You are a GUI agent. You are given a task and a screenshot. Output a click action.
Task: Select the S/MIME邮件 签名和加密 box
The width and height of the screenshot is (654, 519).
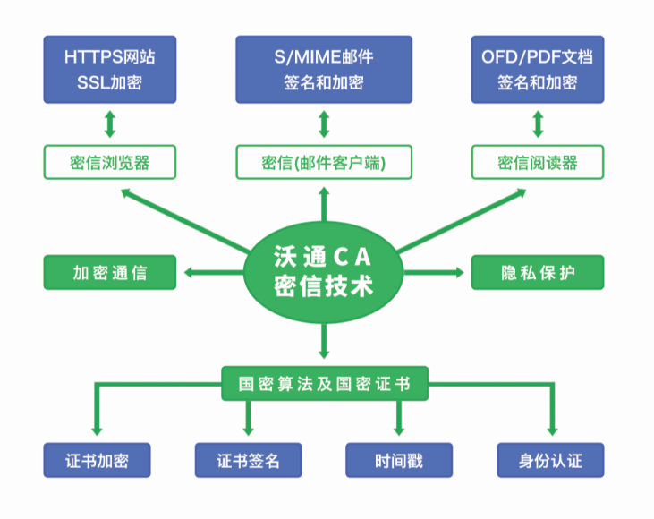[x=324, y=69]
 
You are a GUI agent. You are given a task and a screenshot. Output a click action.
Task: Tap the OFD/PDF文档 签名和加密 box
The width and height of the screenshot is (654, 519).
[x=538, y=69]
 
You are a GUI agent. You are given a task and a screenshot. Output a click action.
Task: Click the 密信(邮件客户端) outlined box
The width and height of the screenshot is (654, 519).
[x=324, y=162]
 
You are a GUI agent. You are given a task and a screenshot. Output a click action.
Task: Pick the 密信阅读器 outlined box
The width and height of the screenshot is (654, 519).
[x=538, y=162]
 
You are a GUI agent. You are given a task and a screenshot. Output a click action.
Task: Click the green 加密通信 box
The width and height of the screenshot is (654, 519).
[x=110, y=272]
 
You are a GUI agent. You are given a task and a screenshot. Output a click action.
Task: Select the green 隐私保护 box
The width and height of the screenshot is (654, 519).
[x=538, y=272]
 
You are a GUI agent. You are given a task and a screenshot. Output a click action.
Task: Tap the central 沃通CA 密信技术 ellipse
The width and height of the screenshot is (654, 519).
[x=324, y=272]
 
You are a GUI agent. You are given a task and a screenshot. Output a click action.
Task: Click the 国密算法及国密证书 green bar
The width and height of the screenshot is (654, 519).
[x=324, y=383]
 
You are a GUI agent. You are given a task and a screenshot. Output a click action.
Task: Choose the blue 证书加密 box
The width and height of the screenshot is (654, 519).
[x=97, y=461]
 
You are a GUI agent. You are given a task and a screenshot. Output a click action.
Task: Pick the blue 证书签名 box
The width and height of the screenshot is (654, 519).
[x=248, y=461]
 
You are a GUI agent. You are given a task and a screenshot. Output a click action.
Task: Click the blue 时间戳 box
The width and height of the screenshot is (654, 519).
[x=399, y=461]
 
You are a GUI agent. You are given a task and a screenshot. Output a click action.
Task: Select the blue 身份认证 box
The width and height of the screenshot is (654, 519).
[x=550, y=461]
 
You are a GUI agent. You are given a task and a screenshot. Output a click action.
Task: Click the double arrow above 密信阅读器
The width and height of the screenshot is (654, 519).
[x=538, y=124]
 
